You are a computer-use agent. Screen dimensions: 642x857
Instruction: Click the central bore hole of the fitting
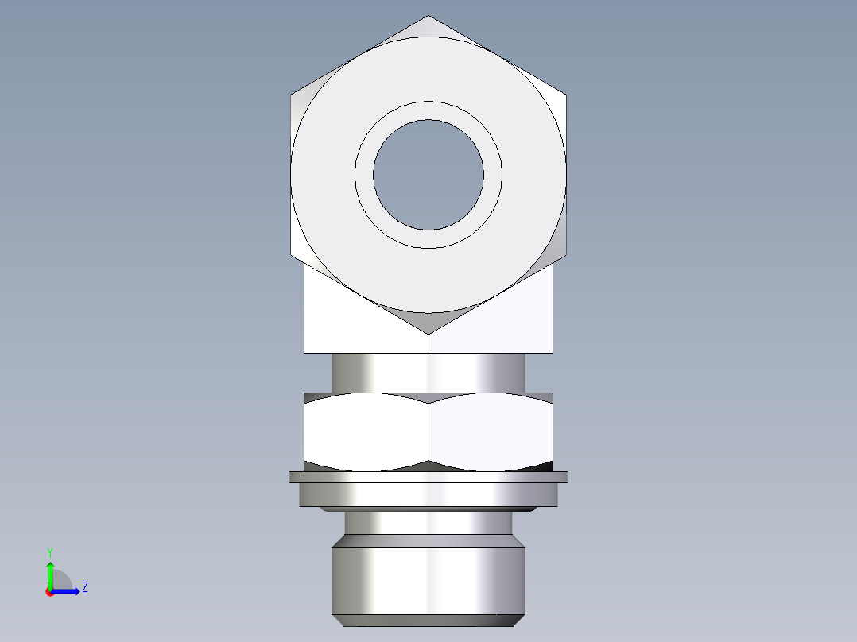pyautogui.click(x=428, y=174)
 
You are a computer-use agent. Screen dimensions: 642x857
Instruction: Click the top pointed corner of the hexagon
pyautogui.click(x=428, y=17)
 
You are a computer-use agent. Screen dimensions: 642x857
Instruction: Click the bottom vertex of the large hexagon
pyautogui.click(x=428, y=332)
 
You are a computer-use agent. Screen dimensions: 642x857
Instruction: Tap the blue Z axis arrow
pyautogui.click(x=68, y=590)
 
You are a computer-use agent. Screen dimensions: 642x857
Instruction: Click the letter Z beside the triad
pyautogui.click(x=84, y=587)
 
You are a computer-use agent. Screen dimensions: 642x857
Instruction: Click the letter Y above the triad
pyautogui.click(x=49, y=551)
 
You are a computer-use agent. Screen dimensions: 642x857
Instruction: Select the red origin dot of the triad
pyautogui.click(x=49, y=592)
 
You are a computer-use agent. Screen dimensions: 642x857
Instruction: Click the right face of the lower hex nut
pyautogui.click(x=491, y=429)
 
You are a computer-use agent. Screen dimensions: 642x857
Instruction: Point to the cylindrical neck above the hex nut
pyautogui.click(x=428, y=372)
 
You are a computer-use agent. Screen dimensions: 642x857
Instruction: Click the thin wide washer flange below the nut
pyautogui.click(x=428, y=477)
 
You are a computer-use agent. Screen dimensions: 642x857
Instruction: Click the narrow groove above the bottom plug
pyautogui.click(x=428, y=522)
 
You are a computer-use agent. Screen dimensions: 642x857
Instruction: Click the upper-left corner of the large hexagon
pyautogui.click(x=292, y=95)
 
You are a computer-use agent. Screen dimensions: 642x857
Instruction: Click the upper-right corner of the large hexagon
pyautogui.click(x=565, y=95)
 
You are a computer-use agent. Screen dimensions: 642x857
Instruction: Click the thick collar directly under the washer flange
pyautogui.click(x=428, y=495)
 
